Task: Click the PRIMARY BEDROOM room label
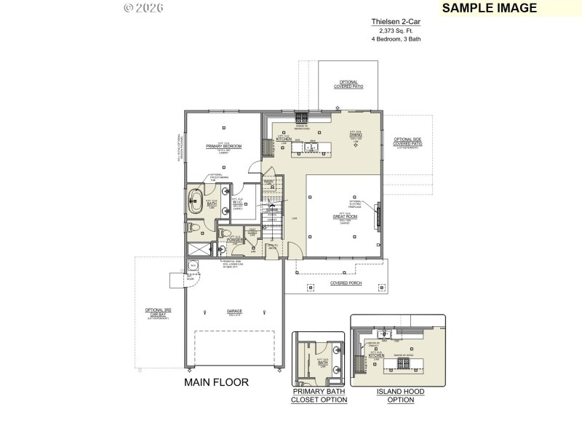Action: (223, 146)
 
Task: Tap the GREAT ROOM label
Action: (345, 216)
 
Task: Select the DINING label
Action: (355, 134)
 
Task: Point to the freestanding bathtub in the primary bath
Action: (195, 202)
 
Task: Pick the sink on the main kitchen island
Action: (311, 148)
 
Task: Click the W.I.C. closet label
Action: (237, 203)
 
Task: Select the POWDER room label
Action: (234, 239)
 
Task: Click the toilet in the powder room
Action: (224, 234)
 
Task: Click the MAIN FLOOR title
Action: (216, 382)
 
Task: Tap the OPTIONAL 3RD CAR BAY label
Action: (158, 313)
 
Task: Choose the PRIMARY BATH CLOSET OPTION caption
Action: (319, 396)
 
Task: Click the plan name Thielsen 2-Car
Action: (396, 23)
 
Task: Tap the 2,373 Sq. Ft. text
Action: (396, 31)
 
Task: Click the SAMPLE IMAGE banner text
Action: (490, 8)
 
